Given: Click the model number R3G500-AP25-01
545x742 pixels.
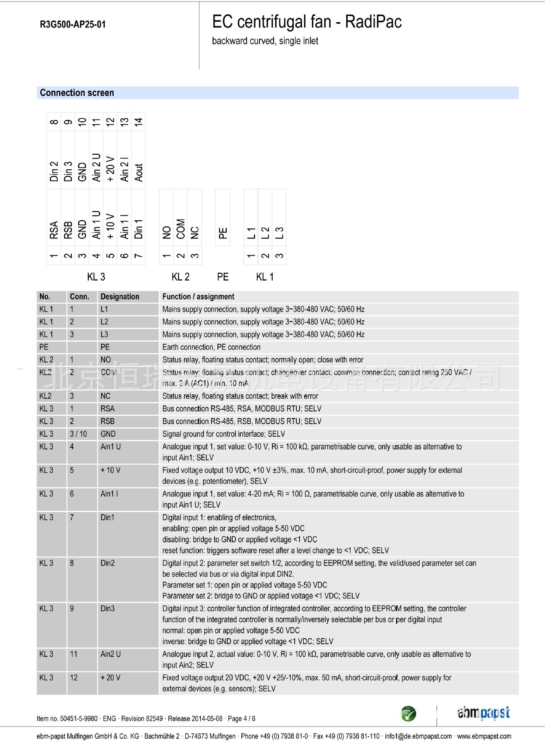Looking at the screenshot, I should (x=73, y=24).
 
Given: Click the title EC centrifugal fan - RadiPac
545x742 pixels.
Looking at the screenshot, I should (x=307, y=22).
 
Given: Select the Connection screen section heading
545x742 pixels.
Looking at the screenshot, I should (x=77, y=93).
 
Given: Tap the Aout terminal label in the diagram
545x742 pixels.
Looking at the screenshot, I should (x=138, y=172).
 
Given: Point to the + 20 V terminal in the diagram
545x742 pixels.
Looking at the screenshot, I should (x=110, y=169).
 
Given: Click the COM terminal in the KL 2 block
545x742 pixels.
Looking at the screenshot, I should (x=181, y=229).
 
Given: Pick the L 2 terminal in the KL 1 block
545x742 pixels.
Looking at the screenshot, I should (x=265, y=232).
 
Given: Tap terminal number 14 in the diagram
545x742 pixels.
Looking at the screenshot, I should (x=138, y=122).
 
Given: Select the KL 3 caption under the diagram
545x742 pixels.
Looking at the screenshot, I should (x=96, y=277).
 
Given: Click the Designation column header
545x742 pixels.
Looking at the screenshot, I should (x=120, y=297).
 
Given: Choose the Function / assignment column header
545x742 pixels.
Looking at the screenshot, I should (x=198, y=297).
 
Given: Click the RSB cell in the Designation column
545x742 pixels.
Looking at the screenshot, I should (x=108, y=421).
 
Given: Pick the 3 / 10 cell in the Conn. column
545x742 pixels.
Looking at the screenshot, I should (x=78, y=434).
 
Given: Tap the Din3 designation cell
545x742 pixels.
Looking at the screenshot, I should (x=108, y=609).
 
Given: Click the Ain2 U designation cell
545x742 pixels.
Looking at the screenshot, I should (x=111, y=654).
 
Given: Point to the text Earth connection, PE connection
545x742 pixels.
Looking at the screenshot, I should (x=211, y=347).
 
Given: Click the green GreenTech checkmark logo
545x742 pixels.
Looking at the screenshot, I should (x=408, y=713).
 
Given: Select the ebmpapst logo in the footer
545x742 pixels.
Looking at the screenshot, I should (x=483, y=713).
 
